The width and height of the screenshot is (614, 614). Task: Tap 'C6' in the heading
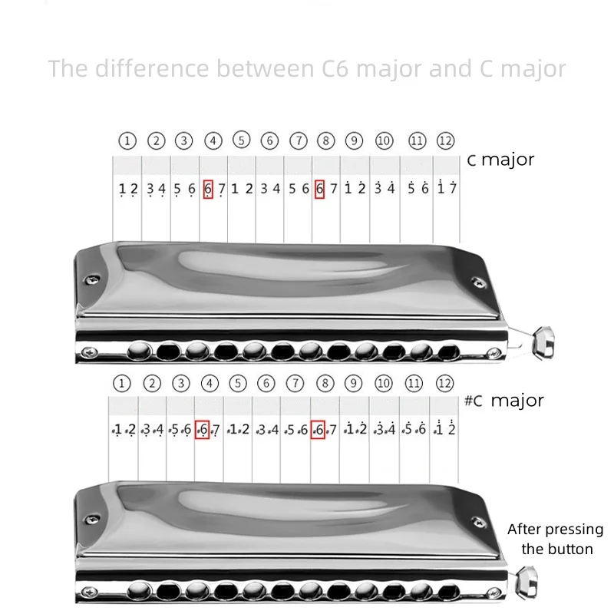coord(335,68)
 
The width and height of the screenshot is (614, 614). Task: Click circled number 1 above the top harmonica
coord(127,140)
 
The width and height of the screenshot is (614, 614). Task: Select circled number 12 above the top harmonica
coord(445,140)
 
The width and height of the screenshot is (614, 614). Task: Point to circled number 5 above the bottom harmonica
coord(238,383)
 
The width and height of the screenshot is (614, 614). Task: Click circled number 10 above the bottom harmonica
coord(383,383)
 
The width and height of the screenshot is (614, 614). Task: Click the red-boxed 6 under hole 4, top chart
coord(208,189)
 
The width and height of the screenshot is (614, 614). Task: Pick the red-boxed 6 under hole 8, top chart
coord(319,189)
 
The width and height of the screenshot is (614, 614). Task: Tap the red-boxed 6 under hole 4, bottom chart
coord(202,430)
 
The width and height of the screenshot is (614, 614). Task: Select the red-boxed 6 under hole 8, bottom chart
coord(318,430)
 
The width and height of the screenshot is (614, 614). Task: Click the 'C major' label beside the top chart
coord(500,160)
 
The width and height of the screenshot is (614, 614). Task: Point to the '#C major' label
coord(504,401)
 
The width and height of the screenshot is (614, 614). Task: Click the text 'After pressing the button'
coord(556,539)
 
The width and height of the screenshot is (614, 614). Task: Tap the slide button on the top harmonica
coord(544,342)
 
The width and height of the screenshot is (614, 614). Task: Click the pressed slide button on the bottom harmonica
coord(527,583)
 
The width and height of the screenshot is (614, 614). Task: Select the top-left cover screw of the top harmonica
coord(92,279)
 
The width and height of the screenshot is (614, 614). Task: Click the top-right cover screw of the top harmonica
coord(478,282)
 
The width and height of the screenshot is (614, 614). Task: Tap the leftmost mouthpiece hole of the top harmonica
coord(140,350)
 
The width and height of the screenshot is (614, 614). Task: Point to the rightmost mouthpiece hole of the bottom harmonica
coord(449,593)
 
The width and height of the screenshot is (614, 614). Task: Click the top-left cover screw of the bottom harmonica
coord(92,520)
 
